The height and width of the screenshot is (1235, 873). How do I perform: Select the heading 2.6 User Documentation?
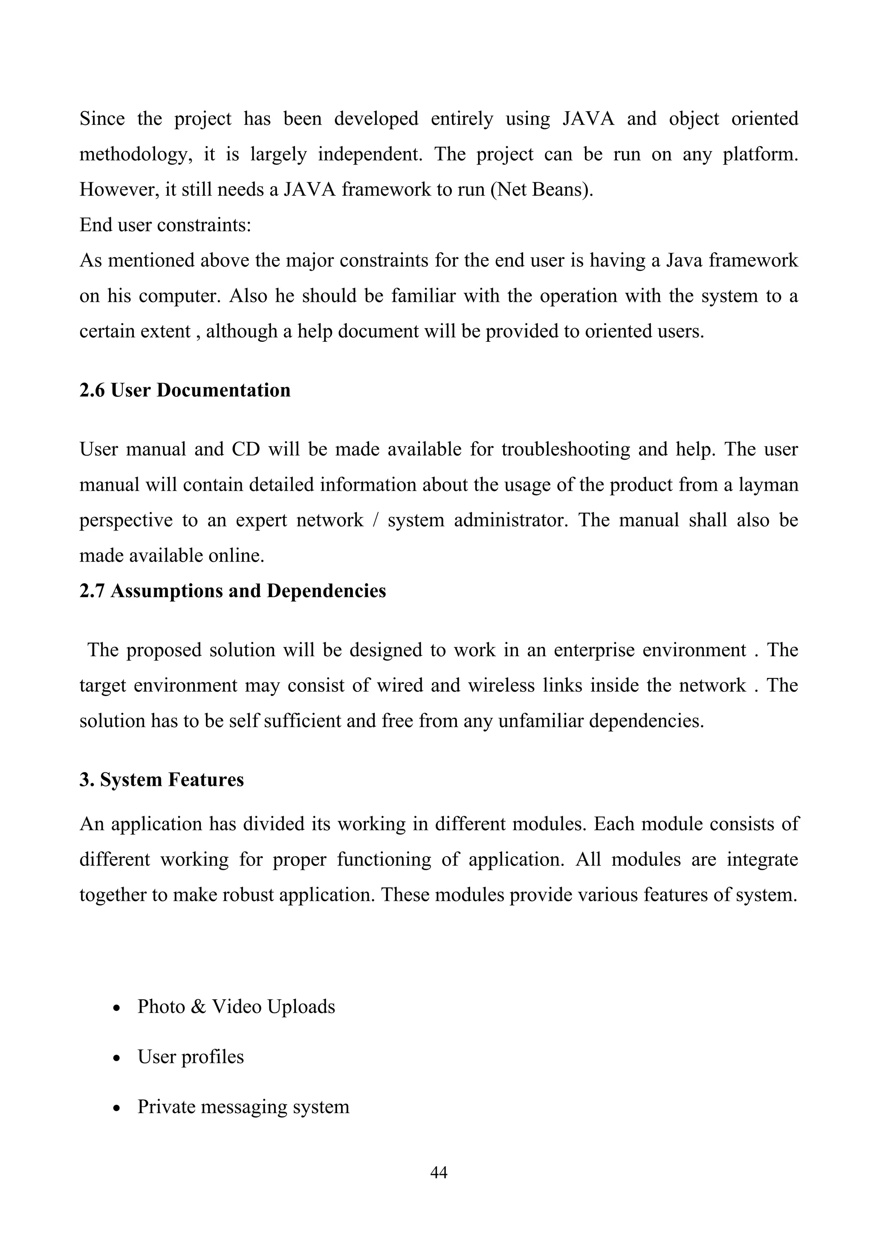(185, 390)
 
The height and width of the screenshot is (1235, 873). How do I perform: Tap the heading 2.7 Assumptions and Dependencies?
(232, 591)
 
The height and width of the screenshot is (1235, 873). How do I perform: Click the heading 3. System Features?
(162, 779)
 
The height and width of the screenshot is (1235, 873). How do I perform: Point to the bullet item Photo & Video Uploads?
(236, 1007)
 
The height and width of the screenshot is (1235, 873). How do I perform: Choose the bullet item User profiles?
(191, 1056)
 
